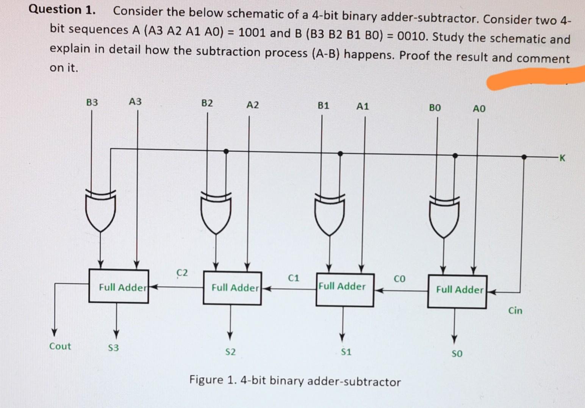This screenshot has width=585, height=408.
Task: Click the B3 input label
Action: point(92,103)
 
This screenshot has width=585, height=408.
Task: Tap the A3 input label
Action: point(135,102)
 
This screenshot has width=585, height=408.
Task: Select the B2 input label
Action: point(207,103)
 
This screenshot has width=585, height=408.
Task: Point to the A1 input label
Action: point(362,106)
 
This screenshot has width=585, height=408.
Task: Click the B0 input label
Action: point(435,108)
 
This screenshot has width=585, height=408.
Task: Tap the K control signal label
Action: point(562,158)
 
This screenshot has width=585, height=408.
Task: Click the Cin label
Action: point(515,311)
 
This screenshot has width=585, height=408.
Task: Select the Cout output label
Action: point(60,346)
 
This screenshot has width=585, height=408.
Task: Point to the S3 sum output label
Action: point(113,348)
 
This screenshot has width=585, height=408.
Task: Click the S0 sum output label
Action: point(457,354)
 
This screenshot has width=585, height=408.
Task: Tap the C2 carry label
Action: point(182,273)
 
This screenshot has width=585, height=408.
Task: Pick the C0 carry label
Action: point(399,279)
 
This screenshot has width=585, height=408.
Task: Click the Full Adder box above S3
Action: point(119,287)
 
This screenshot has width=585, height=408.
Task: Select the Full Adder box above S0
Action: point(457,291)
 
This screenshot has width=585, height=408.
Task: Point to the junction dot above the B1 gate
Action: point(340,153)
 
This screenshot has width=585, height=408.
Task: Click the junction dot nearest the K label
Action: point(524,157)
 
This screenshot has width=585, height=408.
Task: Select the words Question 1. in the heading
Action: point(62,10)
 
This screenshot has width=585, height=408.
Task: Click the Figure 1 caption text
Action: point(295,381)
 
